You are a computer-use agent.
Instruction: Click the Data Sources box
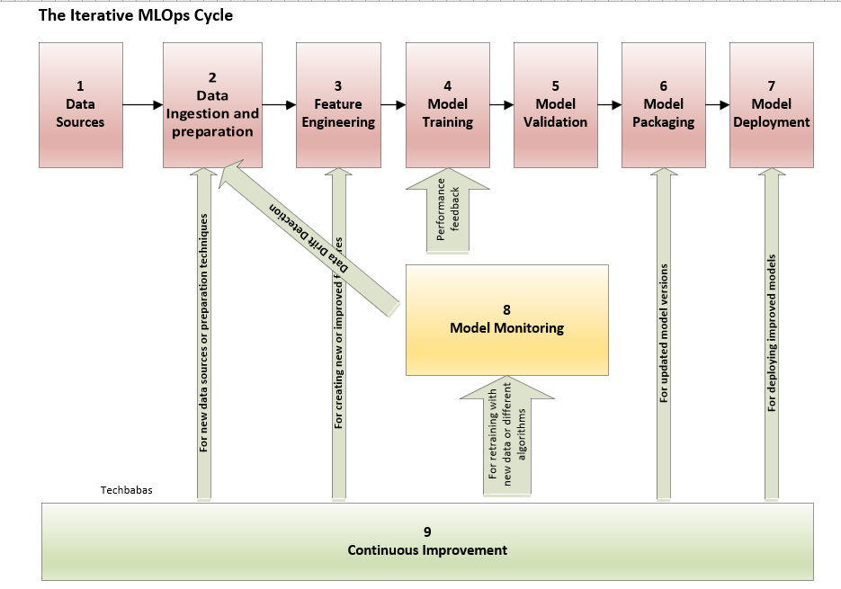(x=80, y=104)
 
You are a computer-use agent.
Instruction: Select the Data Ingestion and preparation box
(x=212, y=104)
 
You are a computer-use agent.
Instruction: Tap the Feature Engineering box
(x=338, y=104)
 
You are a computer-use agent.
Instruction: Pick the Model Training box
(x=447, y=104)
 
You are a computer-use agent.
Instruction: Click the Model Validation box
(x=555, y=104)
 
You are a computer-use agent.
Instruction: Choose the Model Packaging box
(x=663, y=104)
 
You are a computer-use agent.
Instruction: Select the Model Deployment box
(x=771, y=104)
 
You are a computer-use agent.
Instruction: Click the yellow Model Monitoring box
(x=506, y=319)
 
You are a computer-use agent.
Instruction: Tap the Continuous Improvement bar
(x=427, y=541)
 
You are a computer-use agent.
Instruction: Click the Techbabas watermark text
(x=125, y=491)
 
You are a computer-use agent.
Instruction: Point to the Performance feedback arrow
(x=447, y=216)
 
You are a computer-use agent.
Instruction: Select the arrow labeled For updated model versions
(x=664, y=333)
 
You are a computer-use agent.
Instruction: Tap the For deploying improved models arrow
(x=771, y=333)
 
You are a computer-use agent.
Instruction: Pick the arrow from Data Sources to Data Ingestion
(x=141, y=105)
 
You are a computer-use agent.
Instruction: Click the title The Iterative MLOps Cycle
(x=135, y=15)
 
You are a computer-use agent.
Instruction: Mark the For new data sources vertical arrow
(x=204, y=333)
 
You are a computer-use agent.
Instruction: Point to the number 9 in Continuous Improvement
(x=427, y=531)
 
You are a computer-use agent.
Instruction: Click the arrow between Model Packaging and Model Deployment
(x=717, y=105)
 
